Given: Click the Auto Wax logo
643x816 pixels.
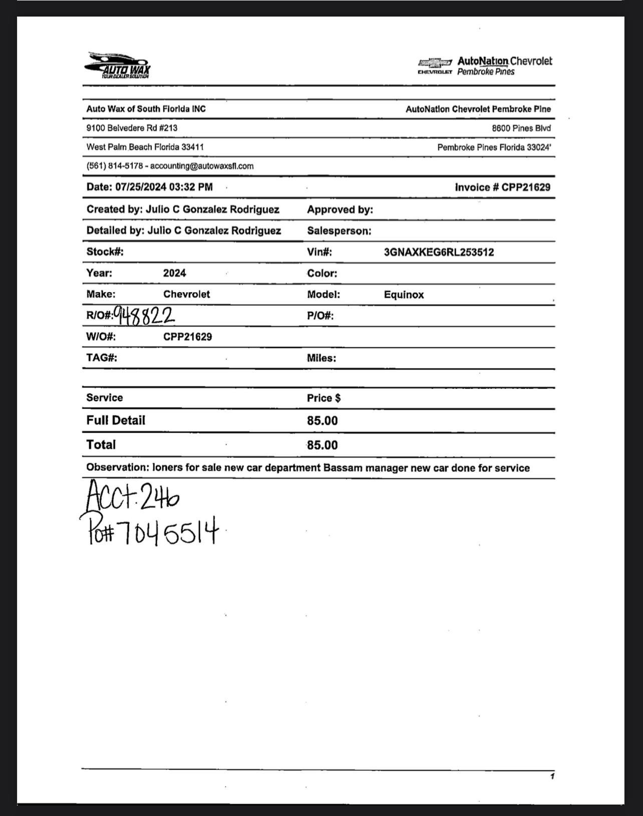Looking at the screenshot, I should [118, 66].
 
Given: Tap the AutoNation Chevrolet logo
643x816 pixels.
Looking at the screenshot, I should [485, 66].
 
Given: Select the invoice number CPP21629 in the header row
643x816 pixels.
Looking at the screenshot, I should [526, 187].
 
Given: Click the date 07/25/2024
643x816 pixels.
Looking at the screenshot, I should [141, 187].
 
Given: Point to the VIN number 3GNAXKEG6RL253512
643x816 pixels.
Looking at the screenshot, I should [439, 252].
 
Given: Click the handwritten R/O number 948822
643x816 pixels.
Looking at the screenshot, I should [144, 315].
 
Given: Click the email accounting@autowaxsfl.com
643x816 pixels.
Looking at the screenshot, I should [202, 166].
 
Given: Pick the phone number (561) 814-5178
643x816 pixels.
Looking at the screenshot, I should [115, 166].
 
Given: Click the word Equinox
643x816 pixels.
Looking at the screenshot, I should [404, 295].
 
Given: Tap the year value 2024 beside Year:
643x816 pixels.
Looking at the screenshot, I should [174, 273].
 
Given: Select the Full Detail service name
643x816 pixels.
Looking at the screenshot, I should [116, 421].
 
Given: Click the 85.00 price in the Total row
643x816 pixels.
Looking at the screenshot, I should [323, 445].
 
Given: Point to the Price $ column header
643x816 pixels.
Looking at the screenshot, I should [324, 398].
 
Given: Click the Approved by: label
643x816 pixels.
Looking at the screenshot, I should [340, 210].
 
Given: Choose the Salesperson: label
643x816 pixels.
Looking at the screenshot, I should [339, 231].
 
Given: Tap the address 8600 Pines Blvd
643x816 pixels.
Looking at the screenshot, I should [521, 128].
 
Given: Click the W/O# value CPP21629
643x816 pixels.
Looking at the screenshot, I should [187, 337].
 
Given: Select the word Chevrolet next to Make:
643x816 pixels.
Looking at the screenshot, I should [186, 294].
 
